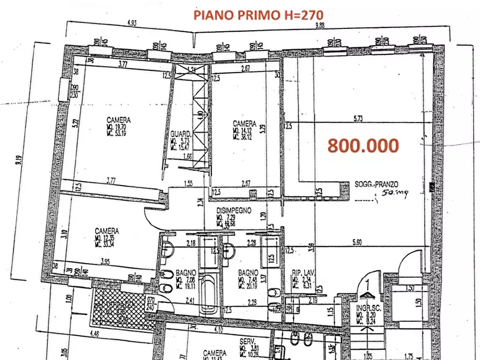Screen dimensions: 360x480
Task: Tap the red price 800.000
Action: (363, 146)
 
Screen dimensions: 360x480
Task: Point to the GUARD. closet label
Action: (179, 133)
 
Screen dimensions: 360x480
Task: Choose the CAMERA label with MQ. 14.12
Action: (245, 122)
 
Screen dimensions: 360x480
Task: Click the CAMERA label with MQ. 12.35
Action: (106, 231)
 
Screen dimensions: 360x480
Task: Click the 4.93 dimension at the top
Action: (131, 23)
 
